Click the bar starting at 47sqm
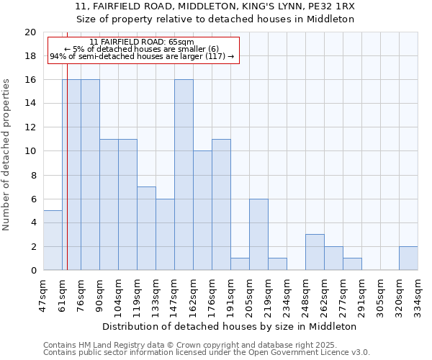pyautogui.click(x=53, y=240)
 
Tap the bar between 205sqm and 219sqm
pyautogui.click(x=258, y=235)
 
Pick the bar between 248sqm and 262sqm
pyautogui.click(x=315, y=253)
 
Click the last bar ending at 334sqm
pyautogui.click(x=408, y=258)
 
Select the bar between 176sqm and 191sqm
pyautogui.click(x=221, y=204)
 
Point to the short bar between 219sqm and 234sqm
pyautogui.click(x=277, y=264)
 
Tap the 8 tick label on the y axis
pyautogui.click(x=32, y=175)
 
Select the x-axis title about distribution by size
pyautogui.click(x=230, y=326)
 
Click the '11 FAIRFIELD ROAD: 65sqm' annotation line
pyautogui.click(x=142, y=42)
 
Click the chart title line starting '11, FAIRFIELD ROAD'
pyautogui.click(x=216, y=6)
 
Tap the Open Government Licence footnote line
pyautogui.click(x=206, y=353)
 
